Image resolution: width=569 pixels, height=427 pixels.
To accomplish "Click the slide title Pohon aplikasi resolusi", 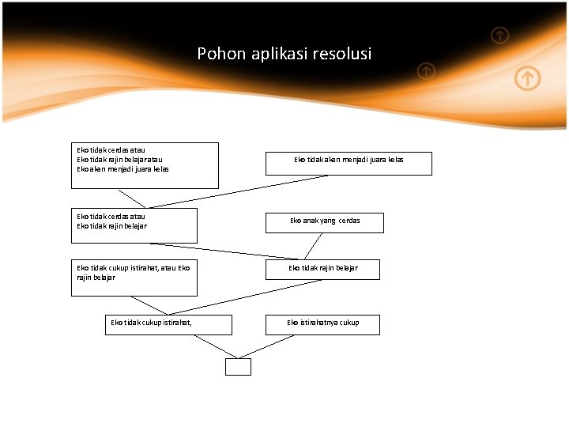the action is (x=284, y=55).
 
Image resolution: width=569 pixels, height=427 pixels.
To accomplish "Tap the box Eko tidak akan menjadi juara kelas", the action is (x=349, y=163).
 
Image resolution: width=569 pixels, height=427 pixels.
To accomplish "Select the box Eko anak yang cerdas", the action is (x=325, y=222).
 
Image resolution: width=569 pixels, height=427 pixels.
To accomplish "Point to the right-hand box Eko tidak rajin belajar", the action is (x=322, y=269).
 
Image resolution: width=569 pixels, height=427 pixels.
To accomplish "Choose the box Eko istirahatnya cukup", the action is (x=322, y=324).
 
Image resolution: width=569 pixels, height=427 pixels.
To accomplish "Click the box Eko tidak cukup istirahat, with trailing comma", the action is (x=169, y=324).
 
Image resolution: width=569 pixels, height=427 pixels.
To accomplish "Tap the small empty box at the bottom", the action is (x=238, y=367).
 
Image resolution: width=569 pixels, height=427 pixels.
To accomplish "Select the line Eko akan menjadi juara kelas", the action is (x=122, y=168).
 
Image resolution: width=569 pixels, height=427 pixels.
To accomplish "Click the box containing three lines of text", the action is (x=145, y=165).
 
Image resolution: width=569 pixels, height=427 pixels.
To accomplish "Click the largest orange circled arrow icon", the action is (x=528, y=78).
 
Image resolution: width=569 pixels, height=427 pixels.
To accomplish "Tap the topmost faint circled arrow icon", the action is (x=499, y=35).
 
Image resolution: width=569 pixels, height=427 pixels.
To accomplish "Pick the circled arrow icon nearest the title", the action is (x=426, y=71).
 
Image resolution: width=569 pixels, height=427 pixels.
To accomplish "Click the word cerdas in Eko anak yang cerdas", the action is (x=349, y=221).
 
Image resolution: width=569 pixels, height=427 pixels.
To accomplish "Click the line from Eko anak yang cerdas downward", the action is (x=314, y=246).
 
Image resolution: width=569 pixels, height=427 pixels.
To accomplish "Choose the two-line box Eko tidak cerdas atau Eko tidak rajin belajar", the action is (x=134, y=225).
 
